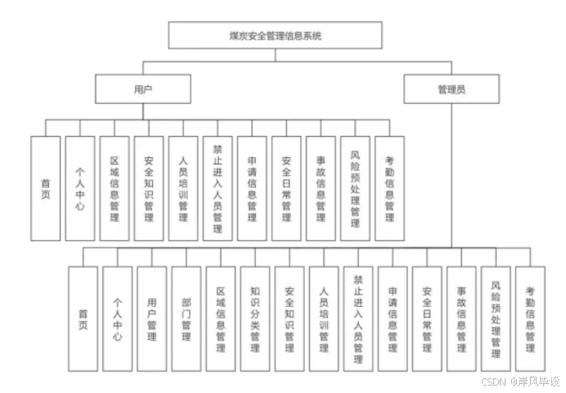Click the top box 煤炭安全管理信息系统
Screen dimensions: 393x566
pyautogui.click(x=275, y=35)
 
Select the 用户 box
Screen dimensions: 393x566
pyautogui.click(x=142, y=89)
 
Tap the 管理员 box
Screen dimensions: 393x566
pyautogui.click(x=451, y=89)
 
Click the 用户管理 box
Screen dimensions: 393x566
pyautogui.click(x=151, y=318)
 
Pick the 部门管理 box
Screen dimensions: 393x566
pyautogui.click(x=186, y=318)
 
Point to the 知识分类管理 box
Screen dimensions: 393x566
pyautogui.click(x=255, y=318)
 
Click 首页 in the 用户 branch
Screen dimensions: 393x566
pyautogui.click(x=46, y=187)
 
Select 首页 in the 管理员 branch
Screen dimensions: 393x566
pyautogui.click(x=83, y=318)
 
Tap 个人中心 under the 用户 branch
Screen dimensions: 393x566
pyautogui.click(x=80, y=187)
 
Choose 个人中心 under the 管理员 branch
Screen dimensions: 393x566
pyautogui.click(x=117, y=318)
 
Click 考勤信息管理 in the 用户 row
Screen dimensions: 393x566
pyautogui.click(x=389, y=187)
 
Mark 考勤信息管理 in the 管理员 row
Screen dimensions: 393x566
pyautogui.click(x=530, y=318)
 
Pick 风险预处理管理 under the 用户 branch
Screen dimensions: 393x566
pyautogui.click(x=355, y=187)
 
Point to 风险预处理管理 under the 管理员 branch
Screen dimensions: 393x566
pyautogui.click(x=496, y=318)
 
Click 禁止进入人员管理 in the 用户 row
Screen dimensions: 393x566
pyautogui.click(x=218, y=187)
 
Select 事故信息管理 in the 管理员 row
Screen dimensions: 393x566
pyautogui.click(x=461, y=318)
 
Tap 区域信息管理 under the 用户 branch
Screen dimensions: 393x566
pyautogui.click(x=115, y=187)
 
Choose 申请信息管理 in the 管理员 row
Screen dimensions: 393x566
pyautogui.click(x=393, y=318)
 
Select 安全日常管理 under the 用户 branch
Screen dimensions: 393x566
pyautogui.click(x=286, y=187)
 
